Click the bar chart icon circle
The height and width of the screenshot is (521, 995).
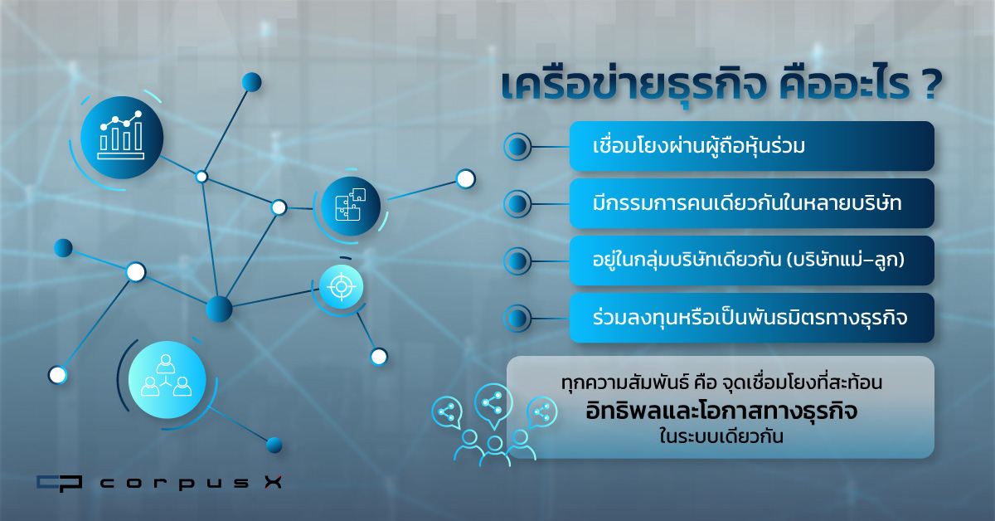click(x=122, y=138)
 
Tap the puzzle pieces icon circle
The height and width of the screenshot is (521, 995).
click(x=351, y=207)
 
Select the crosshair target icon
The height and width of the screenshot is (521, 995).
click(x=341, y=287)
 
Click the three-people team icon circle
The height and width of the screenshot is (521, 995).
click(x=167, y=380)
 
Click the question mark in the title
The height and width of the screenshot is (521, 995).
click(x=931, y=85)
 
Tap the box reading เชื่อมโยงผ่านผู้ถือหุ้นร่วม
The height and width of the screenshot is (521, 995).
click(x=751, y=146)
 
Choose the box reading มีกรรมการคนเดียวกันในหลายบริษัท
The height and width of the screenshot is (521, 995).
click(x=751, y=203)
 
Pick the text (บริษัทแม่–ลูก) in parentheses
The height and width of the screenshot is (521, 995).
click(x=845, y=260)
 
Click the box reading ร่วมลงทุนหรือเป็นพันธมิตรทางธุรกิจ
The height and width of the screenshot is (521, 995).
click(x=751, y=318)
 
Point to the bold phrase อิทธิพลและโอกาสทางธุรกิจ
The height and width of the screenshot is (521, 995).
click(x=721, y=411)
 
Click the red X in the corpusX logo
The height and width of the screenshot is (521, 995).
click(x=273, y=482)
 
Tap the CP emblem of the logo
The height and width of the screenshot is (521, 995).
click(x=59, y=483)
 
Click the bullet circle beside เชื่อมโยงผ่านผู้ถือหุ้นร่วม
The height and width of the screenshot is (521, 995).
click(x=517, y=147)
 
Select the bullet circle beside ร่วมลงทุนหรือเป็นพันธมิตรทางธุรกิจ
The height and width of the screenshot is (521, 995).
click(x=517, y=319)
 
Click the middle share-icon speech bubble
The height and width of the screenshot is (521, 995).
click(x=493, y=405)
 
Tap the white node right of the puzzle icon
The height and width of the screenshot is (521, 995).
click(x=465, y=179)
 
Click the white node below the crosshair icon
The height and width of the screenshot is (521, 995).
click(x=379, y=357)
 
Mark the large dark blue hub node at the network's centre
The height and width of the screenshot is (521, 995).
click(x=219, y=309)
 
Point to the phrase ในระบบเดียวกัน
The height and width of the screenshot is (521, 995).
click(x=721, y=436)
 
